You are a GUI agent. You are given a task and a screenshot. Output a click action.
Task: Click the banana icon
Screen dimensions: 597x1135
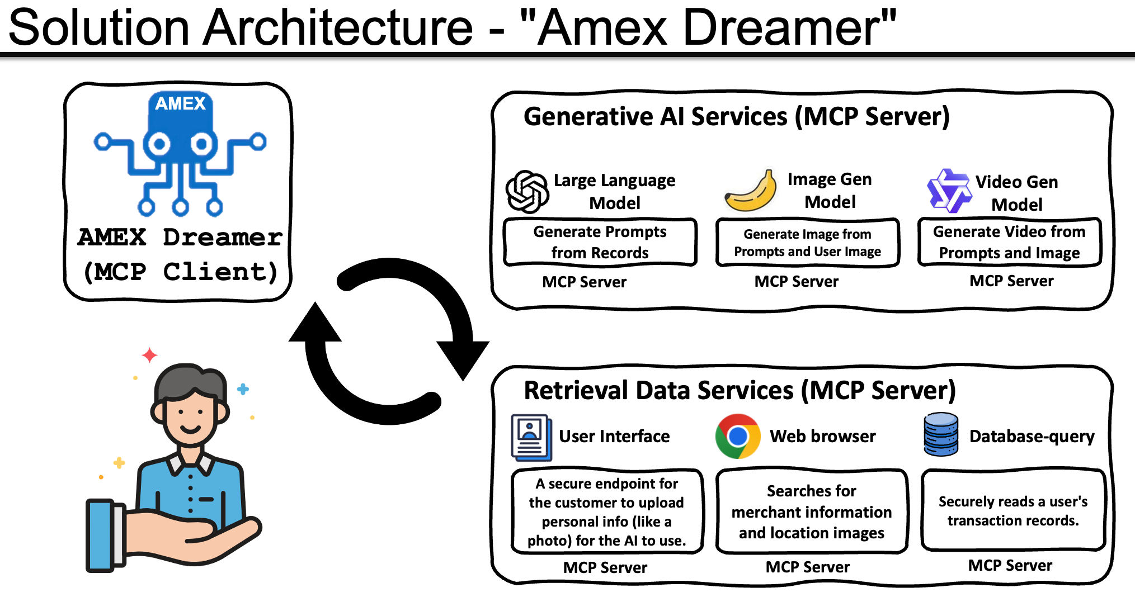[751, 192]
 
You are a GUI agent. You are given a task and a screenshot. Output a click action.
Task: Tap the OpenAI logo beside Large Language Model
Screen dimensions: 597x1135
[526, 192]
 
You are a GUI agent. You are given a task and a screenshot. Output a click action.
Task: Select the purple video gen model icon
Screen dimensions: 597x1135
[949, 191]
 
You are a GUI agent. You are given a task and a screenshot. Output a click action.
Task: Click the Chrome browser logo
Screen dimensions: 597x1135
[738, 436]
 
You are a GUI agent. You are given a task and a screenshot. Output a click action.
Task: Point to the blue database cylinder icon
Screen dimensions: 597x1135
[941, 434]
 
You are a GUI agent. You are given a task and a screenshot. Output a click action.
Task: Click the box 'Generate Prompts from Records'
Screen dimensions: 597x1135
[600, 242]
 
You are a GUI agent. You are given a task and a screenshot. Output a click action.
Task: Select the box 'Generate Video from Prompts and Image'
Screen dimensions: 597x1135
[1009, 242]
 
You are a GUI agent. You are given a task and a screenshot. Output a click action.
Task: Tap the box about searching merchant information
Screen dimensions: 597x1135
[811, 511]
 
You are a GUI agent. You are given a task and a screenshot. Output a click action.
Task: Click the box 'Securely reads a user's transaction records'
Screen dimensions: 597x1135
[1013, 510]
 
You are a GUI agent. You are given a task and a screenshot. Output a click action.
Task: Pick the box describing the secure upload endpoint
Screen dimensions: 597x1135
[606, 511]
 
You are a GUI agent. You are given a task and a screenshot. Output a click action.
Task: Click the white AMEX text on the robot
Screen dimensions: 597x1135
[180, 103]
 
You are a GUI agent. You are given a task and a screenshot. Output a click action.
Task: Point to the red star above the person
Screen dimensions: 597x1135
[149, 354]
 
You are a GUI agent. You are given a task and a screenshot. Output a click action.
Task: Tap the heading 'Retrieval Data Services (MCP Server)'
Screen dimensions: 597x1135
[740, 390]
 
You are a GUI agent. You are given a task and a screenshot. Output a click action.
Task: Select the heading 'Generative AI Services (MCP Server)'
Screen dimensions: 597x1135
[736, 117]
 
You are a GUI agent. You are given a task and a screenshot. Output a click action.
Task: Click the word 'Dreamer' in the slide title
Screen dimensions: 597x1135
[789, 27]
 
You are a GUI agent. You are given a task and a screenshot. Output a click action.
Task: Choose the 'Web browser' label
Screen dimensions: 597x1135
[822, 436]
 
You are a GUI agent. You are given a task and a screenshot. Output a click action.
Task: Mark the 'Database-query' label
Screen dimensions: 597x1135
[1032, 436]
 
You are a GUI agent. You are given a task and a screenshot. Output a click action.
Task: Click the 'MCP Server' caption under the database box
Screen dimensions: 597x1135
[1010, 566]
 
